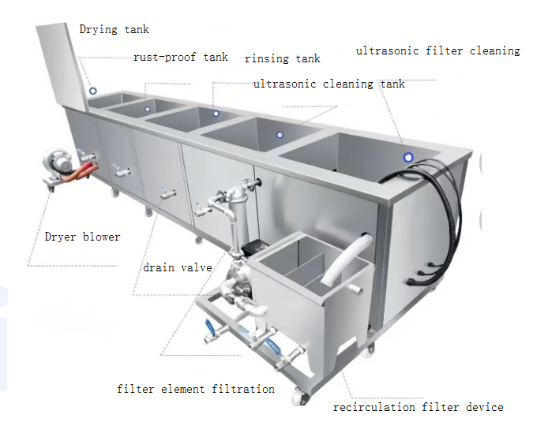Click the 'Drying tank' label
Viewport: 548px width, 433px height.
coord(114,29)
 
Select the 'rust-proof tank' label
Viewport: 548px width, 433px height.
coord(180,57)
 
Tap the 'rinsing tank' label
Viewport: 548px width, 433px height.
coord(283,58)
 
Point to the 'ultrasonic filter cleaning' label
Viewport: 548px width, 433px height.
coord(438,51)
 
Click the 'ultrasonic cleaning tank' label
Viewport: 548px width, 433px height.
coord(328,84)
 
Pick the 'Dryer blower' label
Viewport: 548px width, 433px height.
coord(82,237)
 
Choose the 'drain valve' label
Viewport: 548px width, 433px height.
coord(178,267)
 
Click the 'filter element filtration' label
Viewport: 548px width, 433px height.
coord(196,389)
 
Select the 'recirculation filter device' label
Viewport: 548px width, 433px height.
coord(418,407)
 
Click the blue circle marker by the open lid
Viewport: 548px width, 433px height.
coord(93,91)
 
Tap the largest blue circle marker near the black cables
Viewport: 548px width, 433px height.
coord(408,158)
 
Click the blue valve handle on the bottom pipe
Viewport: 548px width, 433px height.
coord(210,329)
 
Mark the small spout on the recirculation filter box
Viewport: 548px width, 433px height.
coord(355,289)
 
